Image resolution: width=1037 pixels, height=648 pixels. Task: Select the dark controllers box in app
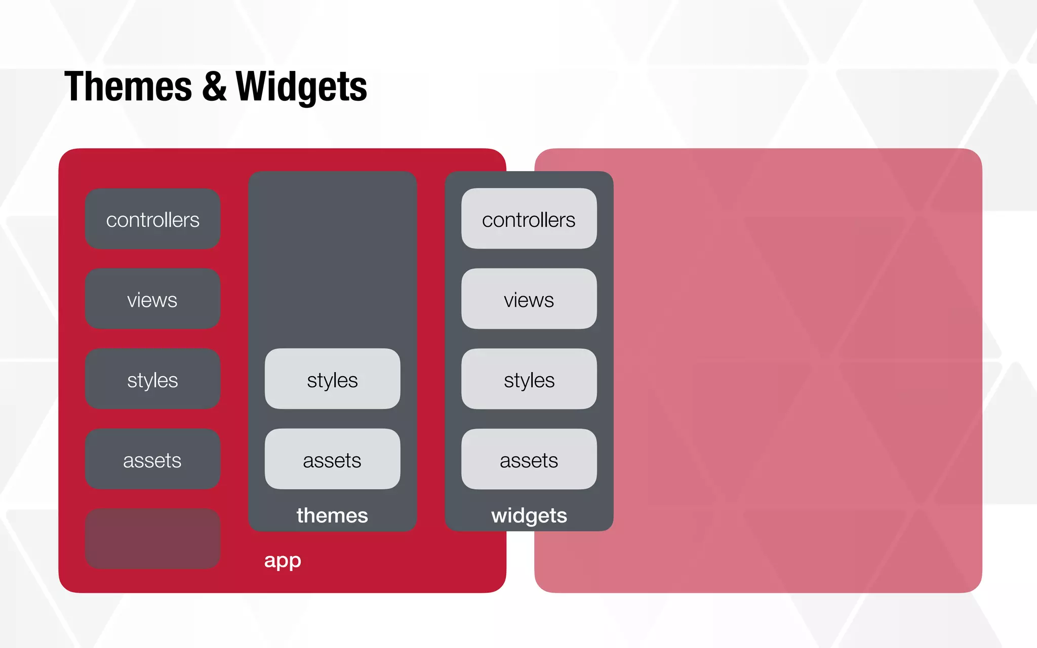(152, 219)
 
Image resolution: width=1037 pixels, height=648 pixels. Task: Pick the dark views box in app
(152, 299)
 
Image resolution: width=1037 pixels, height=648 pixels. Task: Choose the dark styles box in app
(152, 379)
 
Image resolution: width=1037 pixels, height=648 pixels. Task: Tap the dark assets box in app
(152, 459)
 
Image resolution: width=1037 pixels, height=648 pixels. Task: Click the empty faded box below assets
(152, 539)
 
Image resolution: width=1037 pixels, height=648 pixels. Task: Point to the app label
(283, 560)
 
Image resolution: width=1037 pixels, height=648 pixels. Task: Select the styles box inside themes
(332, 379)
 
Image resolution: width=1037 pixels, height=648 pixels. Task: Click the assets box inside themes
(332, 459)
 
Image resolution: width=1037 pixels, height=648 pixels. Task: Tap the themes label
(332, 515)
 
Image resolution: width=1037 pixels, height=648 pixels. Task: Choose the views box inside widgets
(529, 299)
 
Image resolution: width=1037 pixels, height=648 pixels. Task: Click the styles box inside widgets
(529, 379)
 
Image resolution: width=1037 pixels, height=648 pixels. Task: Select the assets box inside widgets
(529, 459)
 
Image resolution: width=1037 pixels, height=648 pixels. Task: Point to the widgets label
(529, 515)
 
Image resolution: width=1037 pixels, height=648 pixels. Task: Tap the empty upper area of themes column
(332, 258)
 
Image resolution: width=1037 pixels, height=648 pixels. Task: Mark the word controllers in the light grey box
(529, 220)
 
